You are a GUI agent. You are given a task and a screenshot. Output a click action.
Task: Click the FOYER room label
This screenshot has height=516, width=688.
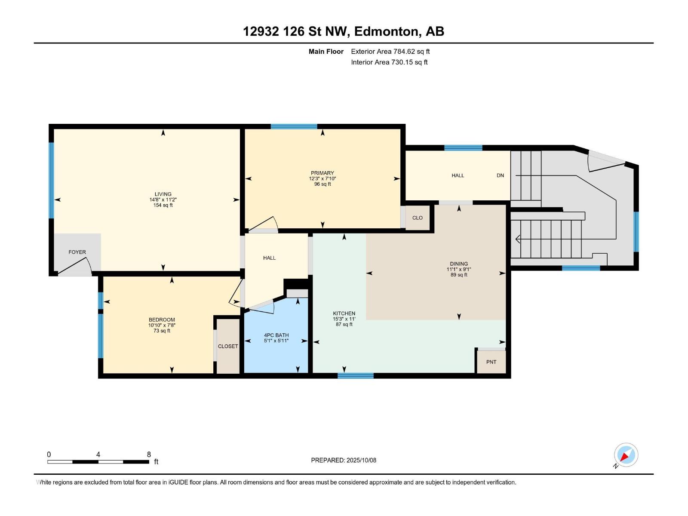point(77,252)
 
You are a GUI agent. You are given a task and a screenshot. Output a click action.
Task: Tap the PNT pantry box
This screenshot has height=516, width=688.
point(491,362)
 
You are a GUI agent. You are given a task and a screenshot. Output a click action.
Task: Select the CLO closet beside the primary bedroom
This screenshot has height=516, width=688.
point(417,218)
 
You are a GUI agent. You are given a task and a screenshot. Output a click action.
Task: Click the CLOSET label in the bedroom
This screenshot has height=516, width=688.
point(228,346)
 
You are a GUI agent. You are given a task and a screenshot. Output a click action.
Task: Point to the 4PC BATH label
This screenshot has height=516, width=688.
point(276,335)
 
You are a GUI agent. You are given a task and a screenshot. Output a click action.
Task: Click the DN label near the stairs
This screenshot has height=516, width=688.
point(500,175)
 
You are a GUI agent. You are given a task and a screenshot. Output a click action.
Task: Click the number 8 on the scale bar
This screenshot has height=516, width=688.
point(149,455)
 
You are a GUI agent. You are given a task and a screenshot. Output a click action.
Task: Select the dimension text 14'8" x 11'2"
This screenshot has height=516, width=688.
point(163,200)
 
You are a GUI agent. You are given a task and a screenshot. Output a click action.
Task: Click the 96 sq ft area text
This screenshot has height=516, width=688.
point(322,184)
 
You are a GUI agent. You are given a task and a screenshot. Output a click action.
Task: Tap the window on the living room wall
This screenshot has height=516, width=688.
point(51,181)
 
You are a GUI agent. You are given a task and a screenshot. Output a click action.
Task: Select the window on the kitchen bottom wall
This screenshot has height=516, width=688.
point(355,376)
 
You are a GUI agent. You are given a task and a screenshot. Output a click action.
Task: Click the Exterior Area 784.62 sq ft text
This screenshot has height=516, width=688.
point(390,51)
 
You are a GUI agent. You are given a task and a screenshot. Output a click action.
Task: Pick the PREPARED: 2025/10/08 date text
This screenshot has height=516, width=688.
point(344,460)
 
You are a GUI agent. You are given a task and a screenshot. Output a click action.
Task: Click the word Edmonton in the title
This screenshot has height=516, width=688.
point(386,31)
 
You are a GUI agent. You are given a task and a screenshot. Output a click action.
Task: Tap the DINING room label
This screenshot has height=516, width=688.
point(459,264)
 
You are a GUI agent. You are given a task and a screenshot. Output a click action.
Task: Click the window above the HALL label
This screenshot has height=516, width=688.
point(463,148)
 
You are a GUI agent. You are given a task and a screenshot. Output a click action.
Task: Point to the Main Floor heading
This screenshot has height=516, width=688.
point(326,51)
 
